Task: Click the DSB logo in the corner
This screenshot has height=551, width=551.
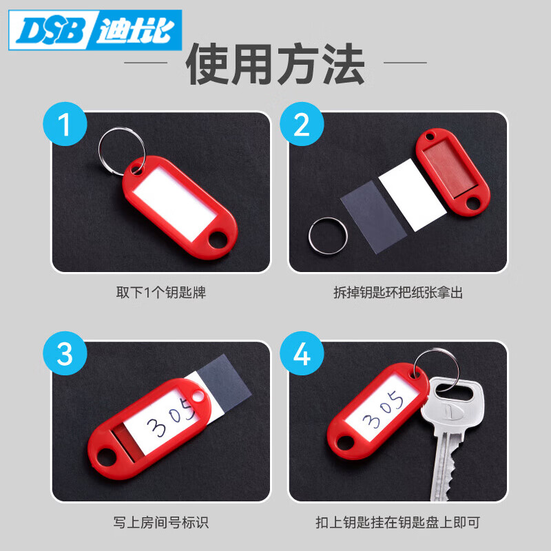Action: pos(94,30)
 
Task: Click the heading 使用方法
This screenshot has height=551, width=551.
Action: pos(275,63)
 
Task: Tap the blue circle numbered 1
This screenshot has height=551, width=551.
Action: pos(65,125)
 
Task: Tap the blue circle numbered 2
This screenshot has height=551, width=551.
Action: pos(302,125)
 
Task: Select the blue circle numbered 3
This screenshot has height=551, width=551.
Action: pos(65,355)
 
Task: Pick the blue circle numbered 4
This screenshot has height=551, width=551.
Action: pos(302,355)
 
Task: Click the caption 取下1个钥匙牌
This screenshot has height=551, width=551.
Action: pos(160,293)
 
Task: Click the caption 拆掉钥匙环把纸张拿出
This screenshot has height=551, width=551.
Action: pos(397,293)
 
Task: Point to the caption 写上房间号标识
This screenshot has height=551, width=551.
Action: pos(160,522)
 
